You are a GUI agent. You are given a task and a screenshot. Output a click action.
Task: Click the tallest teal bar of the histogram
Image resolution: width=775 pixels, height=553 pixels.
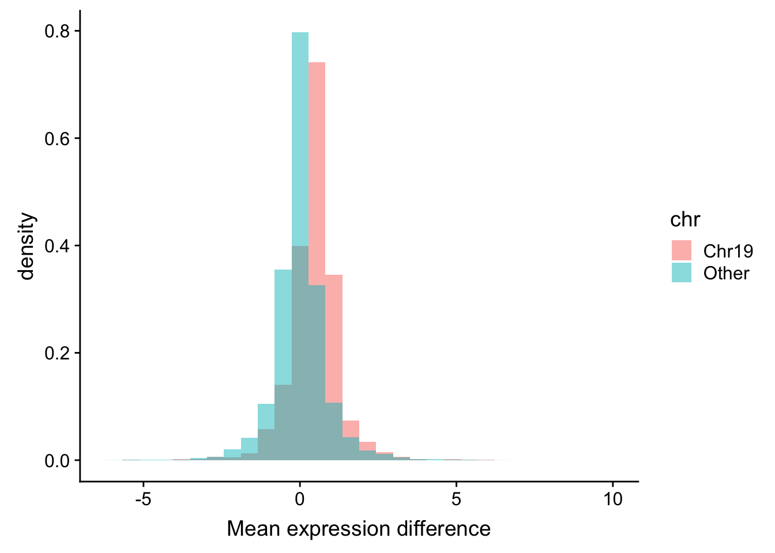(300, 138)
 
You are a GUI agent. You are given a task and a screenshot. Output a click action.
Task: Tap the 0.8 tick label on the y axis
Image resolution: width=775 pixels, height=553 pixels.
(57, 31)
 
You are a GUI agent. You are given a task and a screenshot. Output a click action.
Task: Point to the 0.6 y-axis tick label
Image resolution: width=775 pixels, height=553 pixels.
(57, 139)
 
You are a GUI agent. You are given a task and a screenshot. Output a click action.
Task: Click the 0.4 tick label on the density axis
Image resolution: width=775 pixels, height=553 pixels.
(57, 246)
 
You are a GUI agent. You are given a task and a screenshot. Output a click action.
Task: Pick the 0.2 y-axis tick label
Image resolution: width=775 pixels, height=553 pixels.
(57, 353)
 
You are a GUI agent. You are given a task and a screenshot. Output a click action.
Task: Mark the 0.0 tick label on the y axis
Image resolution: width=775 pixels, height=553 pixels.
(57, 461)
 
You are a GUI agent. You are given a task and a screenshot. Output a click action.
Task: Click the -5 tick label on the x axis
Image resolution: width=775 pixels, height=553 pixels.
(142, 499)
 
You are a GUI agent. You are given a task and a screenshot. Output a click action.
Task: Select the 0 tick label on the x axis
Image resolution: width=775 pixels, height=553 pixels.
(300, 499)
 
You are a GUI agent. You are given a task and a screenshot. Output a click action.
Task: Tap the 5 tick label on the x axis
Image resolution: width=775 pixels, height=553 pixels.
(457, 499)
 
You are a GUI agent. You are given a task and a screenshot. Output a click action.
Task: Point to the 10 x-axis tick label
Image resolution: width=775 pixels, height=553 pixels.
(613, 499)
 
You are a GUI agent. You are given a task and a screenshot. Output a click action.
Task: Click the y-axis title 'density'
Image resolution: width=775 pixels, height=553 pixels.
(27, 246)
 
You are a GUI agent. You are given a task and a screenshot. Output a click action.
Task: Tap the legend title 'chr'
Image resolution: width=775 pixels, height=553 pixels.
(685, 219)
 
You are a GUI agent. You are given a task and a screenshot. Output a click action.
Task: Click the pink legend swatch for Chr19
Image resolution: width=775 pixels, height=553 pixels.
(681, 251)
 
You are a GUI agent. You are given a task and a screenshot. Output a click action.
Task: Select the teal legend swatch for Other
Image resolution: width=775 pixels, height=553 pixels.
(681, 272)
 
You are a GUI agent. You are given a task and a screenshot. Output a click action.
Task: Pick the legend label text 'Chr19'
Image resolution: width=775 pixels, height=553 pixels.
(728, 251)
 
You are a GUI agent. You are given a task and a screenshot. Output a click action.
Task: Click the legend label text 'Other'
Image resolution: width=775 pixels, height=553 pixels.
(726, 273)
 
